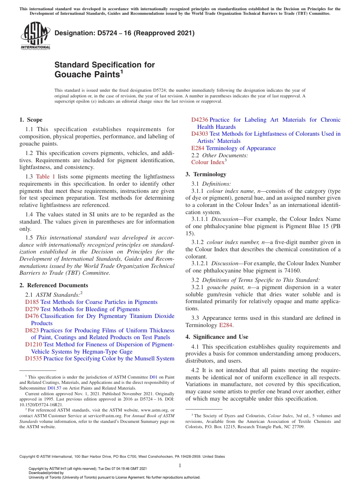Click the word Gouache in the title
71,74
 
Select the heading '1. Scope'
31,120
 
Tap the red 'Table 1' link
45,177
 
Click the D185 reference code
32,302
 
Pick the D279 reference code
32,309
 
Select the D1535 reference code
33,358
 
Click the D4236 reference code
199,120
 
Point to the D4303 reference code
199,134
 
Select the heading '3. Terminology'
206,174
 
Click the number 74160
291,271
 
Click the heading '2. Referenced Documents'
53,285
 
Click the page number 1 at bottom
180,465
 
